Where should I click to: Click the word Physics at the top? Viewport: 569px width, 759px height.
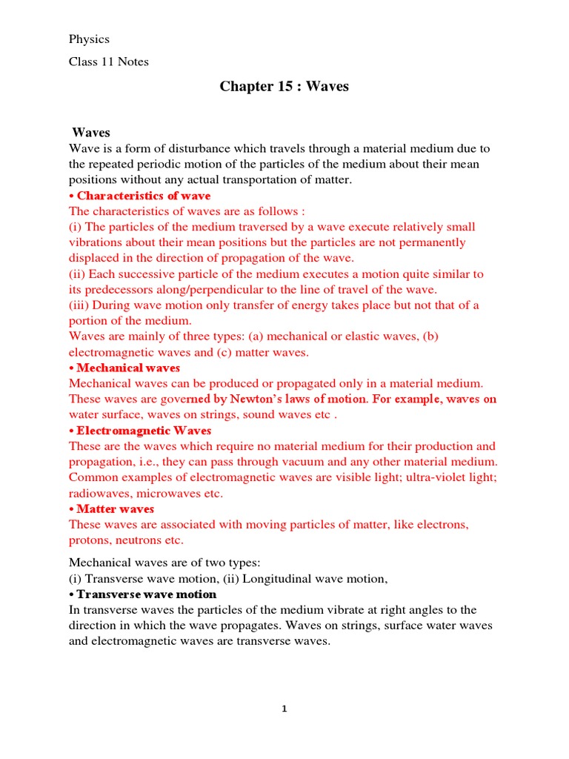[89, 39]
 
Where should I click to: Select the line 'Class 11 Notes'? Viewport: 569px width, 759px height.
[109, 62]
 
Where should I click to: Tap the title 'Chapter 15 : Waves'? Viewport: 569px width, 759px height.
[284, 87]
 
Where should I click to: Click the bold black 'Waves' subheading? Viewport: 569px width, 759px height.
[90, 133]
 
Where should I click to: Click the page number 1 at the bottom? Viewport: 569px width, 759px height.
[284, 709]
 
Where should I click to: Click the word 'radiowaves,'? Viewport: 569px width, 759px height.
[100, 493]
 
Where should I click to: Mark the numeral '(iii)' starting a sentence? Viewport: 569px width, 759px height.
[81, 305]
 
